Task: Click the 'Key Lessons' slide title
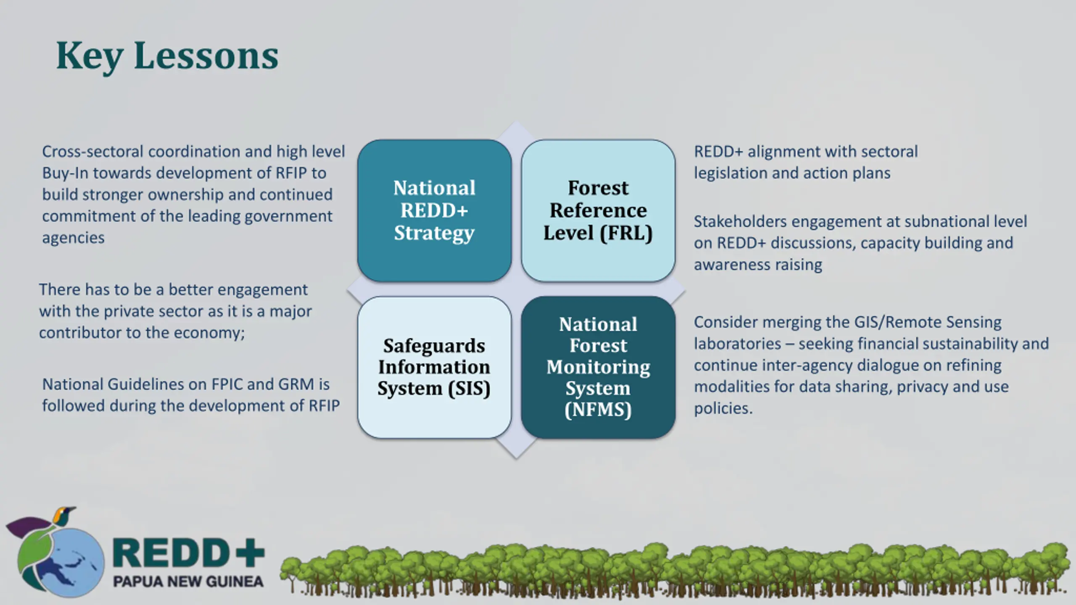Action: point(167,56)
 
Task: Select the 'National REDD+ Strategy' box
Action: point(434,210)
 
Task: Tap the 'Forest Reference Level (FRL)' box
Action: point(598,210)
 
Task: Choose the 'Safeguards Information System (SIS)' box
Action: point(434,367)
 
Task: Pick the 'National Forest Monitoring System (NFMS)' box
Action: point(598,367)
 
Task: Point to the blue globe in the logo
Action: point(69,563)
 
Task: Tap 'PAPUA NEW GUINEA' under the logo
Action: point(188,582)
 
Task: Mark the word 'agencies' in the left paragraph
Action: point(73,238)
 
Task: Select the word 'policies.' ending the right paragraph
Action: point(723,408)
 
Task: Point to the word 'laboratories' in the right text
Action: point(737,344)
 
